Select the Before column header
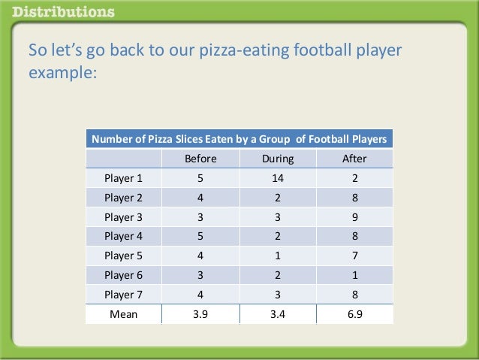tap(200, 159)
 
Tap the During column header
tap(278, 159)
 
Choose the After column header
tap(354, 159)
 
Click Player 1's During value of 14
tap(278, 178)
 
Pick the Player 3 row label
tap(123, 217)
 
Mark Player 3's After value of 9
tap(354, 217)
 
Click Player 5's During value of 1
tap(278, 256)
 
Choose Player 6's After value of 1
tap(354, 275)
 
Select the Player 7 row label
tap(123, 295)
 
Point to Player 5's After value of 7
tap(354, 256)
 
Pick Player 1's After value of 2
tap(354, 178)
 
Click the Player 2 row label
tap(123, 198)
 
